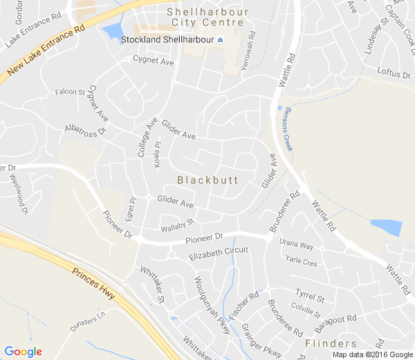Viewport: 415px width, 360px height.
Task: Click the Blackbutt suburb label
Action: [207, 180]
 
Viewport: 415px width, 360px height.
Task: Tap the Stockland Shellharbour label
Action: [167, 40]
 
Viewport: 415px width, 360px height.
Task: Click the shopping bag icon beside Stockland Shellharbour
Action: [220, 40]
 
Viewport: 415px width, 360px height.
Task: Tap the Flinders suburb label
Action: [331, 343]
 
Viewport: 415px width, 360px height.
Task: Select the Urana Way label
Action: [297, 246]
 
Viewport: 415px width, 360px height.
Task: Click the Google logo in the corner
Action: [23, 351]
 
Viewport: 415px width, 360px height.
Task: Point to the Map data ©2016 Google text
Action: [371, 354]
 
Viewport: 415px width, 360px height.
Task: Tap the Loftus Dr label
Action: [394, 71]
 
